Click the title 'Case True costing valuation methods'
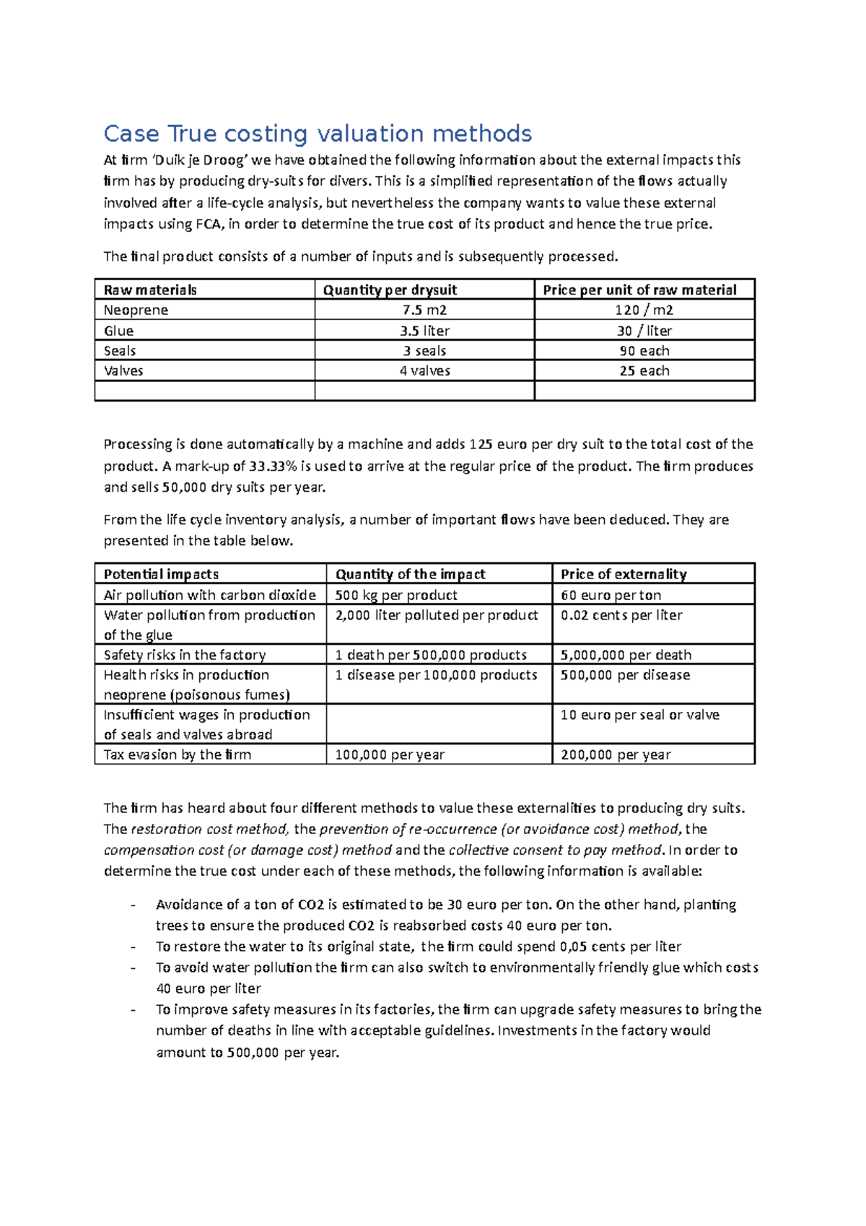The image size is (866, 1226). click(318, 134)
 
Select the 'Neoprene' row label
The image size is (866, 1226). click(136, 310)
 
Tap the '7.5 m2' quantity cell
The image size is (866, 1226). click(424, 310)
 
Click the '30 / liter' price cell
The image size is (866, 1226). click(644, 331)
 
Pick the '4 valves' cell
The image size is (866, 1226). click(424, 371)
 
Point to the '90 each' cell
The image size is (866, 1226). click(644, 351)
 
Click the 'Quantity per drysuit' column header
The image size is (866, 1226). click(390, 290)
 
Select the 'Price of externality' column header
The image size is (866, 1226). click(624, 574)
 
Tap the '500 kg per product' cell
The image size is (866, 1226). click(396, 595)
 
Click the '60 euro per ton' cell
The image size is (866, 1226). click(611, 595)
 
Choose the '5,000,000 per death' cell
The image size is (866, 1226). click(626, 655)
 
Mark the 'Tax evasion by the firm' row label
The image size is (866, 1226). click(178, 755)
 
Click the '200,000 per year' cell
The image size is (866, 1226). click(616, 755)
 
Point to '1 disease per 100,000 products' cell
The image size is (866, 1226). click(436, 675)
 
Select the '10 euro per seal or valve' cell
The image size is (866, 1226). click(639, 715)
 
